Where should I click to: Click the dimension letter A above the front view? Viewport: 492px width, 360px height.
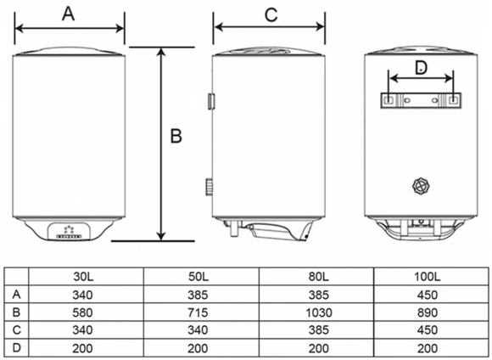click(69, 14)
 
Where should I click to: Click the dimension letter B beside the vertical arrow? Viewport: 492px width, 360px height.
click(176, 136)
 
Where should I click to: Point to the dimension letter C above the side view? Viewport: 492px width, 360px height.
click(271, 14)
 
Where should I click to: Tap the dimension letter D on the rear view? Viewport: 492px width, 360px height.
click(421, 68)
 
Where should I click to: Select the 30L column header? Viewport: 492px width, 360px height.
click(83, 277)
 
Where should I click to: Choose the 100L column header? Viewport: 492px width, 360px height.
click(427, 277)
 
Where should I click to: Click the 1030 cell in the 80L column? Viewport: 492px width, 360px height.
click(319, 312)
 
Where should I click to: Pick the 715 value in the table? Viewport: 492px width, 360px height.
click(198, 312)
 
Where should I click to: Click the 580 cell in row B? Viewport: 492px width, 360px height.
click(82, 312)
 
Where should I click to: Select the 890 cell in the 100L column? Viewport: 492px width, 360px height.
click(428, 312)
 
